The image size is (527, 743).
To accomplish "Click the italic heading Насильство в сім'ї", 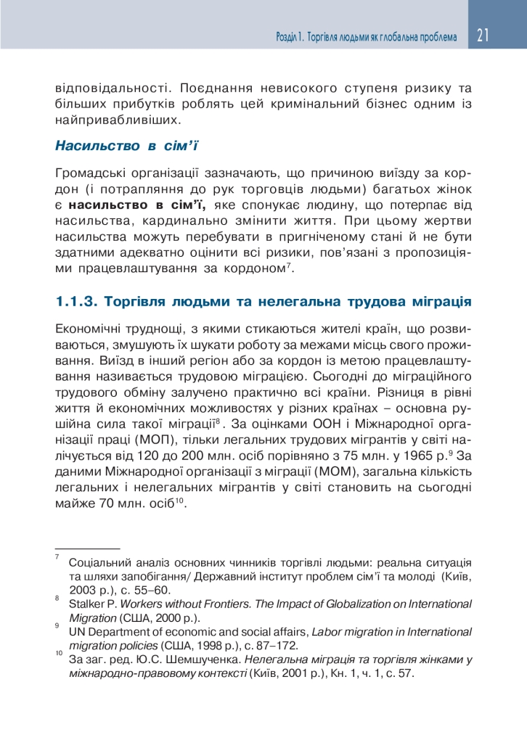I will coord(127,146).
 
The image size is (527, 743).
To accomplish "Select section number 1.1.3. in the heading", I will coord(78,300).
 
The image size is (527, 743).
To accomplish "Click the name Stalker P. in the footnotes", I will coord(93,604).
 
